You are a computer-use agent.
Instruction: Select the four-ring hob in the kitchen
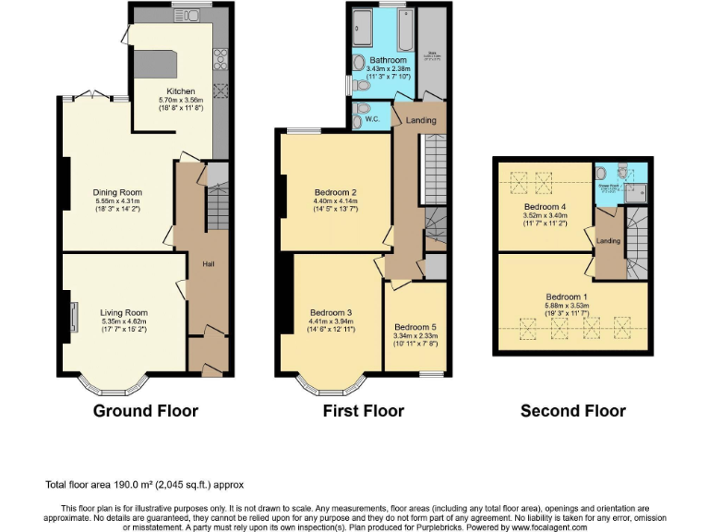tap(222, 60)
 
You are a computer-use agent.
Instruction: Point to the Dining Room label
tap(114, 192)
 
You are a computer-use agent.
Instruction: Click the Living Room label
tap(124, 313)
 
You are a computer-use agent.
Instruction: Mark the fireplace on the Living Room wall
tap(68, 314)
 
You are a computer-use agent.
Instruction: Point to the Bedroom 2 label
tap(334, 192)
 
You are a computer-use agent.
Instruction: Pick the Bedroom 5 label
tap(415, 327)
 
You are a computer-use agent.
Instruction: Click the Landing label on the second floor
tap(608, 242)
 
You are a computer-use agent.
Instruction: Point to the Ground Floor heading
tap(146, 410)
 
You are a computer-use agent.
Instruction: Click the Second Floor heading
tap(572, 411)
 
